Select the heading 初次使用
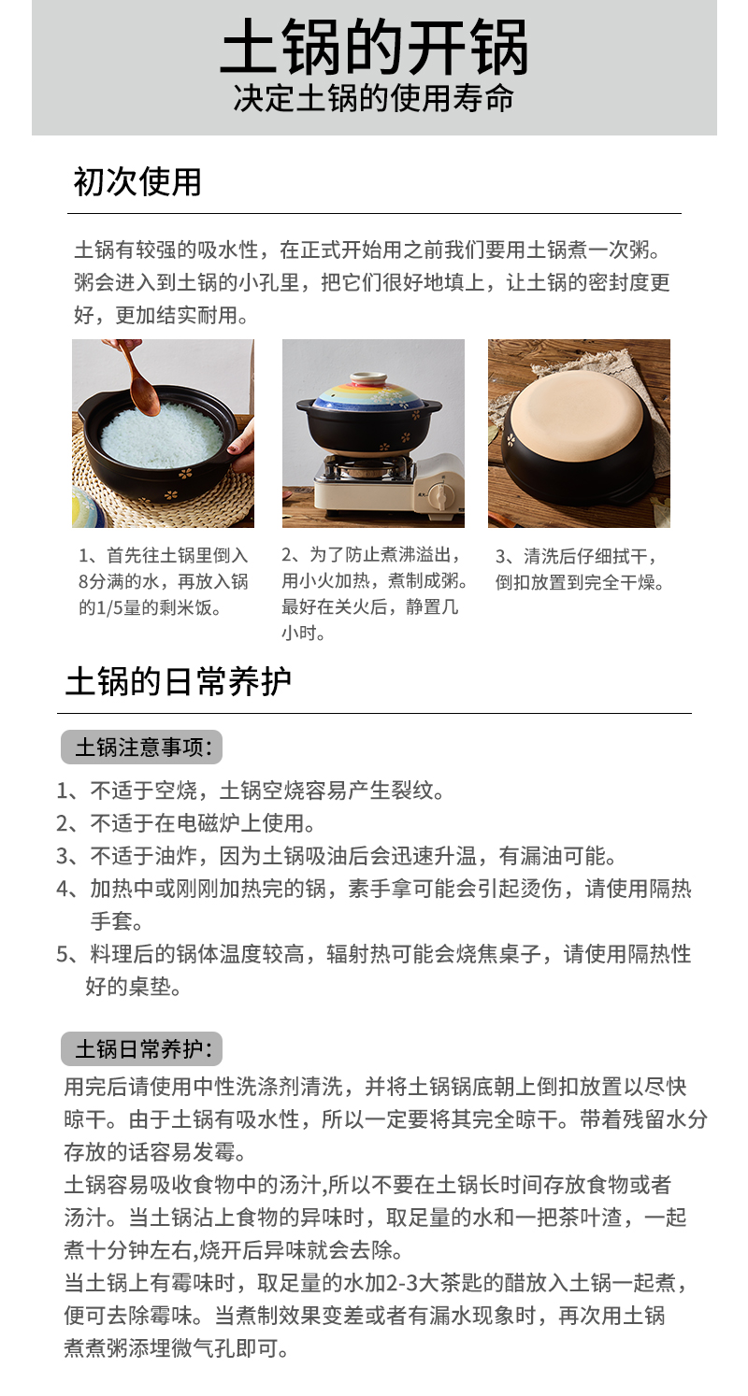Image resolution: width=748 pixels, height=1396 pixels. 137,181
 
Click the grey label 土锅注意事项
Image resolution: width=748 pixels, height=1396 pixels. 141,748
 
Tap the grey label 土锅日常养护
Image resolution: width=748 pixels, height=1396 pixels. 141,1049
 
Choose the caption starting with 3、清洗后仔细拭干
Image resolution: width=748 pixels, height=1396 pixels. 580,569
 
